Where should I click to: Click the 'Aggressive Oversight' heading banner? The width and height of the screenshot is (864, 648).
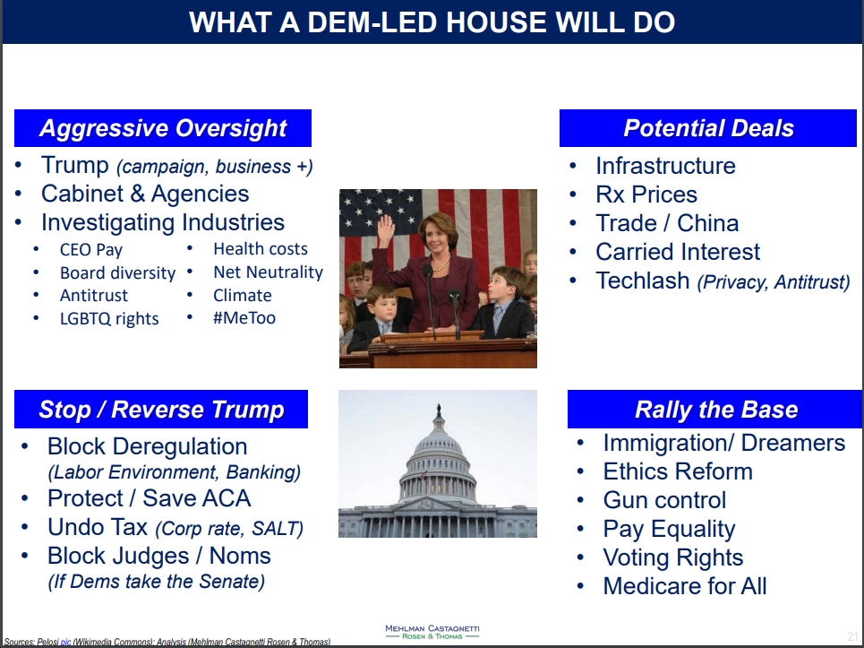[x=163, y=128]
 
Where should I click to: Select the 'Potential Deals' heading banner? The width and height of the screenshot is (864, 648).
[x=708, y=128]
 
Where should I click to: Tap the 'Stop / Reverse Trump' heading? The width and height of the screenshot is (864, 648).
[x=161, y=410]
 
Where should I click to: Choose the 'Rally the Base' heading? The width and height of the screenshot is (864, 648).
[x=715, y=410]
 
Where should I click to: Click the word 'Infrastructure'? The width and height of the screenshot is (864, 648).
[x=665, y=166]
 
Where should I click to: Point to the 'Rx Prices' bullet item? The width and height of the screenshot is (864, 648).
[x=646, y=194]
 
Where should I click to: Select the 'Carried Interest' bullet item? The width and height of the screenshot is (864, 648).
[x=678, y=252]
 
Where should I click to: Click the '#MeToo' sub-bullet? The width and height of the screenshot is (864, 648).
[x=244, y=318]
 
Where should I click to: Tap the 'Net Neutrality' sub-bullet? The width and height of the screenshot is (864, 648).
[x=268, y=272]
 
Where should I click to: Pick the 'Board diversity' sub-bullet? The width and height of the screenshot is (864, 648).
[x=117, y=273]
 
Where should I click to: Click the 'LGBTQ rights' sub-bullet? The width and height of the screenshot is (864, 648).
[x=109, y=319]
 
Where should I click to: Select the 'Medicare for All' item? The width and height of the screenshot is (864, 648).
[x=685, y=586]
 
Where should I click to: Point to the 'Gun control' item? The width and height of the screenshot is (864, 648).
[x=664, y=500]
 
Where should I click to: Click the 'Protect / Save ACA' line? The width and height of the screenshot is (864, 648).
[x=149, y=498]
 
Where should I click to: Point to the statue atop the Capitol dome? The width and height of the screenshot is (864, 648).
[x=439, y=410]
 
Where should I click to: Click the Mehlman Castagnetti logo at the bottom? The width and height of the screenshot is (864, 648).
[x=432, y=632]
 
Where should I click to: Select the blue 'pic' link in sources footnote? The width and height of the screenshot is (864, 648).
[x=65, y=642]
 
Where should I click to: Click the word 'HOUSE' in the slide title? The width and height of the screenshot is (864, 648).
[x=497, y=22]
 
